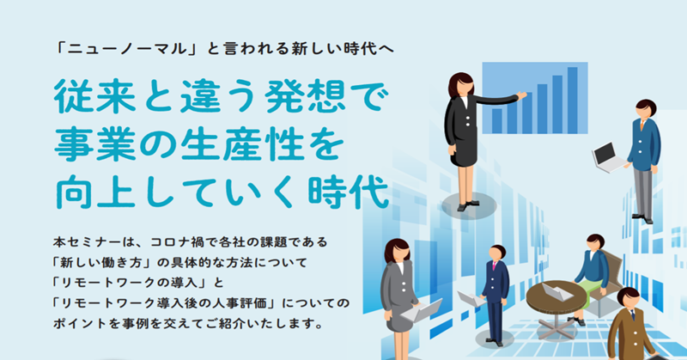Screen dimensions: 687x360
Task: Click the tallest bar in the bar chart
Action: [x=572, y=100]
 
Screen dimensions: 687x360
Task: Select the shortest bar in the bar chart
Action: [x=497, y=121]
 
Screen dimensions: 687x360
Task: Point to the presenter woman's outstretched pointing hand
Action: [x=521, y=95]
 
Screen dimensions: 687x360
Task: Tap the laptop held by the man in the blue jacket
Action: [x=608, y=157]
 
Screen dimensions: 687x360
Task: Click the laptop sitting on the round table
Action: [x=557, y=291]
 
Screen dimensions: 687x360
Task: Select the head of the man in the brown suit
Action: [x=629, y=298]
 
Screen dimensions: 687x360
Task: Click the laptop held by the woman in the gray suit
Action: [x=422, y=309]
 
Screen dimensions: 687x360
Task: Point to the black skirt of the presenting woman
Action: [x=463, y=152]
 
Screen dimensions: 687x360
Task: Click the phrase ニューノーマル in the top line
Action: [x=127, y=49]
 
